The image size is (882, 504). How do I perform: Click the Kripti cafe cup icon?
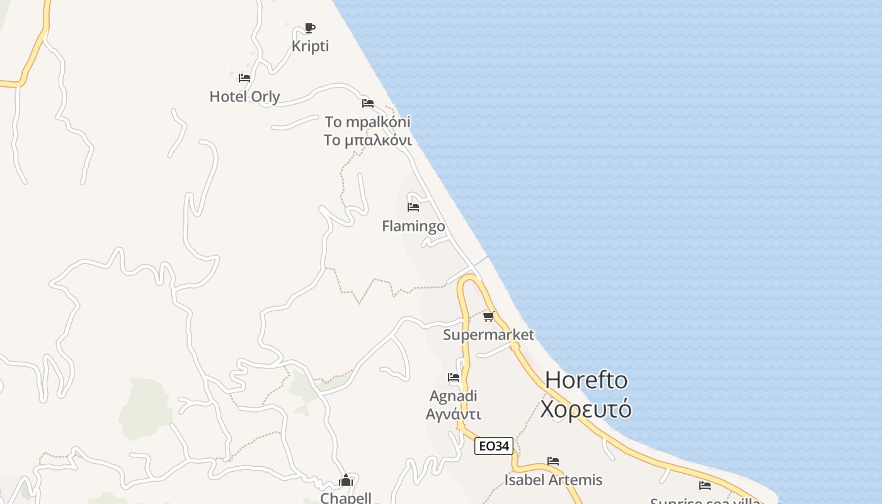(x=309, y=28)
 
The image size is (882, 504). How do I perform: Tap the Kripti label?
(x=310, y=46)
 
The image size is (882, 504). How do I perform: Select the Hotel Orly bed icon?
(x=244, y=78)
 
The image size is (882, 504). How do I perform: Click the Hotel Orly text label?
(x=244, y=96)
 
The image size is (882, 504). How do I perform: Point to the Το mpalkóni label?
(x=367, y=122)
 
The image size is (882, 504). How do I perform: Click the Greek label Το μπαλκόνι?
(x=367, y=140)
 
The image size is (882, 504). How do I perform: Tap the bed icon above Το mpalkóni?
(x=368, y=103)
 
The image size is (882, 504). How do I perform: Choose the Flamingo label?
(x=413, y=226)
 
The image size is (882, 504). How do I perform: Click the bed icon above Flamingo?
(x=413, y=207)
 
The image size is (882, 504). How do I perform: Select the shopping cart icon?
(x=489, y=316)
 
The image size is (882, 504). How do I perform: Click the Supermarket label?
(x=488, y=335)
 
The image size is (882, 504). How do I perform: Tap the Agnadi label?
(x=453, y=396)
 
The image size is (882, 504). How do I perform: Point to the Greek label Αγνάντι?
(x=453, y=414)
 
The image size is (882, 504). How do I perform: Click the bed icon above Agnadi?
(x=454, y=377)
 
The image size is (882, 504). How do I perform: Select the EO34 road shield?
(x=494, y=446)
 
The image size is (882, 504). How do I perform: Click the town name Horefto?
(x=586, y=380)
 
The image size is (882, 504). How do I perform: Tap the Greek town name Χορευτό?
(x=586, y=409)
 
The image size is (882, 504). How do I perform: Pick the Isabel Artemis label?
(x=553, y=479)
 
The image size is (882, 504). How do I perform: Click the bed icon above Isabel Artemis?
(x=553, y=461)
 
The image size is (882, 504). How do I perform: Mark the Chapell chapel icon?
(x=346, y=481)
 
